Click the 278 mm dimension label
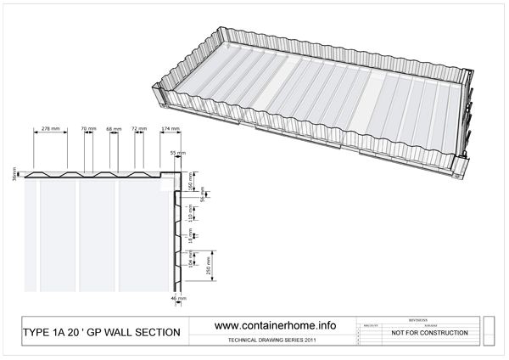tap(50, 128)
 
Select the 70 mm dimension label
tap(88, 128)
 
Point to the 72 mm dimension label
tap(140, 128)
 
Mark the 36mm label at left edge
tap(16, 176)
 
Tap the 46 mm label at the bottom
tap(178, 298)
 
